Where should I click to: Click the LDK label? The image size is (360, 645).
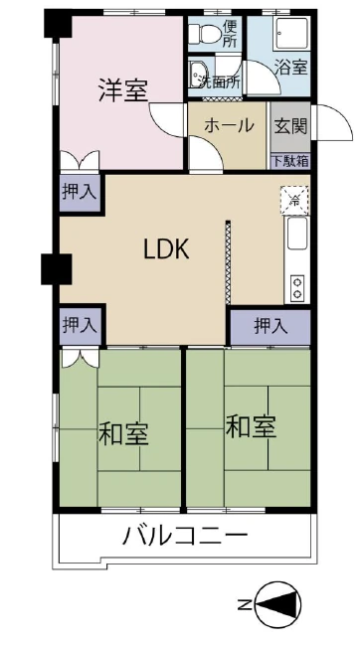point(167,249)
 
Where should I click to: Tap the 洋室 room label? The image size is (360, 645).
point(122,88)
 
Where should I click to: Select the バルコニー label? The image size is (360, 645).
point(185,538)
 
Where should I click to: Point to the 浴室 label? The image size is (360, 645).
point(290,69)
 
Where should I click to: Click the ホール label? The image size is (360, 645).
point(229,126)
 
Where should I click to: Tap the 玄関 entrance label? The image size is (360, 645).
point(290,126)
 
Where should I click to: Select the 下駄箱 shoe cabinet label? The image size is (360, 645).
point(289,159)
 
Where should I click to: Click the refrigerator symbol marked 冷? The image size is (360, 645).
point(294,199)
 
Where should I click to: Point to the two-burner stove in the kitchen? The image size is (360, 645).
point(296,287)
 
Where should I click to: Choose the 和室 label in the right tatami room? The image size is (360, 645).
point(251,427)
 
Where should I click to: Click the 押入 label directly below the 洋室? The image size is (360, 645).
point(79,193)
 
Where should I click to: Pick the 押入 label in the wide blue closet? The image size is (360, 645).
point(270,325)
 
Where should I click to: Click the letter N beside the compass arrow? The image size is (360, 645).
point(244,603)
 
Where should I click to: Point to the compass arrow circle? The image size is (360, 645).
point(278,603)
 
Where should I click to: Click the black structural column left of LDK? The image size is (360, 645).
point(51,267)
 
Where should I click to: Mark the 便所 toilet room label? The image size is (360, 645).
point(229,34)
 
